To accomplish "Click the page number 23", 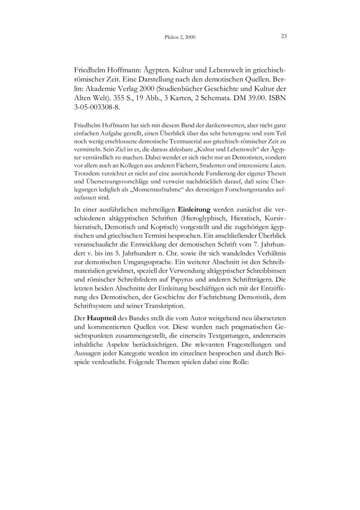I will coord(284,36).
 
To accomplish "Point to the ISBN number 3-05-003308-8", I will coord(97,109).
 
